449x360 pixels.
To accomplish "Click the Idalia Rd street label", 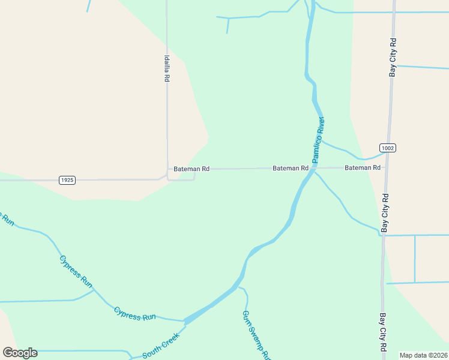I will click(x=167, y=68).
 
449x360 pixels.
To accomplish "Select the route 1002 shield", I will click(x=388, y=148).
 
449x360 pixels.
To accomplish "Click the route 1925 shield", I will click(x=67, y=180).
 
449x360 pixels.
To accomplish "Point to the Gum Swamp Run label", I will click(x=255, y=335).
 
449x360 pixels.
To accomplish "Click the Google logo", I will click(x=20, y=353).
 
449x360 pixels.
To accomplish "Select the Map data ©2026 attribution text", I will click(x=423, y=355).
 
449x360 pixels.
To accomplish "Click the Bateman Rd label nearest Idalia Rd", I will click(x=191, y=169).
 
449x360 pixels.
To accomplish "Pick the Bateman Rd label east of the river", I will click(x=363, y=168).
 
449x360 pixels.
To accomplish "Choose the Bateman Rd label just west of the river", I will click(x=291, y=169).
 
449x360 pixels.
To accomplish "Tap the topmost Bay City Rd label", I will click(x=393, y=58).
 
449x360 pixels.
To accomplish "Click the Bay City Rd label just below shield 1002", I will click(x=385, y=213).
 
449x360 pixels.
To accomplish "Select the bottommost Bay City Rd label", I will click(x=383, y=332).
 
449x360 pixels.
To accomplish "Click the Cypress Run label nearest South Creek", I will click(x=135, y=314).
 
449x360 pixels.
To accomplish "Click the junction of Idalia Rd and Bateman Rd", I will click(x=167, y=170).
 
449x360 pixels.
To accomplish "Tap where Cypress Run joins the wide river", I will click(x=185, y=320).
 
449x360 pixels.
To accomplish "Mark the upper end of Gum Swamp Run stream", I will click(x=240, y=287).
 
